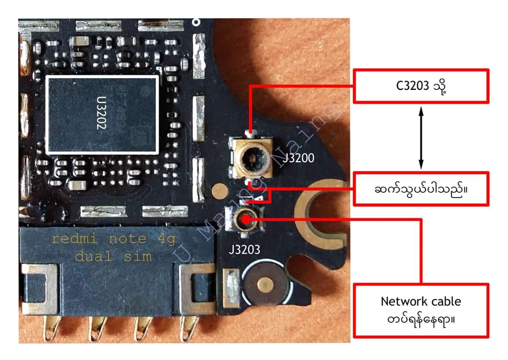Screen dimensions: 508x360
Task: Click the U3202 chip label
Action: point(101,113)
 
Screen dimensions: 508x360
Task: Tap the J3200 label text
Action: point(298,158)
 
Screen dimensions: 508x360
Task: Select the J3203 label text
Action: point(244,250)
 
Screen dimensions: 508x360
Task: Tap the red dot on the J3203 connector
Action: point(246,220)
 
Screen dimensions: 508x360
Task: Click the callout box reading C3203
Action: point(421,86)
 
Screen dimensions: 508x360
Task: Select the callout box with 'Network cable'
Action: point(421,311)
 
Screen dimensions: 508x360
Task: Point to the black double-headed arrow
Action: point(421,138)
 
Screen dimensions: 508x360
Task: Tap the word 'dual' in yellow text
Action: point(93,256)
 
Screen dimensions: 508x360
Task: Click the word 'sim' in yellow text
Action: point(138,256)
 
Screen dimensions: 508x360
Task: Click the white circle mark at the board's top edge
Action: point(196,22)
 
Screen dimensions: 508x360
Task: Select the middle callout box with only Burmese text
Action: point(421,189)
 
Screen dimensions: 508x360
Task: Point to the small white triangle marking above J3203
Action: point(259,198)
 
